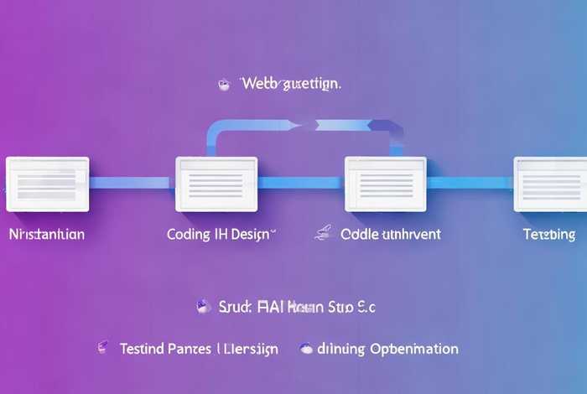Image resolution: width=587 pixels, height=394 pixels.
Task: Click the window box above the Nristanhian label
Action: pos(47,183)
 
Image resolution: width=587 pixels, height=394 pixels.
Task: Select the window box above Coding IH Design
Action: pos(216,183)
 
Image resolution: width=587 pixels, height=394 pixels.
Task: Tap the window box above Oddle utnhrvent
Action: pos(386,183)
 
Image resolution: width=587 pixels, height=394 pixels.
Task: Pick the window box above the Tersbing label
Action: pos(550,183)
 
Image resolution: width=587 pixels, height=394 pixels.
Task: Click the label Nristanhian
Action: pos(46,235)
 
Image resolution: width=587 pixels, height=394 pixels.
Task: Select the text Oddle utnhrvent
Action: pos(390,235)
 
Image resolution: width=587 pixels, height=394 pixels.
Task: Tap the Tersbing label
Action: pos(548,235)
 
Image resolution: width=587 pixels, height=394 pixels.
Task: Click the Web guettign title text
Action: pos(291,84)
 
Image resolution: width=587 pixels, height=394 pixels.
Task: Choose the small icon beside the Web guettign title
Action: pos(224,84)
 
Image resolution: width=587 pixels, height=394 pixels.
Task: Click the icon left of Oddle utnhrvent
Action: pos(321,234)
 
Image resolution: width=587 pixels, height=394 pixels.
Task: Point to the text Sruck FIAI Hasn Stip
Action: pos(296,308)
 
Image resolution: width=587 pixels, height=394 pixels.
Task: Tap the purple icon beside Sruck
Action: pos(201,307)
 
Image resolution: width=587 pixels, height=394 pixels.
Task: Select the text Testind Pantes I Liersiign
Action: pos(199,348)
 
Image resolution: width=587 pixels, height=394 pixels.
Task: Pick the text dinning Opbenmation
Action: pos(391,348)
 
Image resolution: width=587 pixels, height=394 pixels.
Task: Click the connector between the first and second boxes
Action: pos(132,183)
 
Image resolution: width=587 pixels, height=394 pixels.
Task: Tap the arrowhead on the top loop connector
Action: pos(303,126)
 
